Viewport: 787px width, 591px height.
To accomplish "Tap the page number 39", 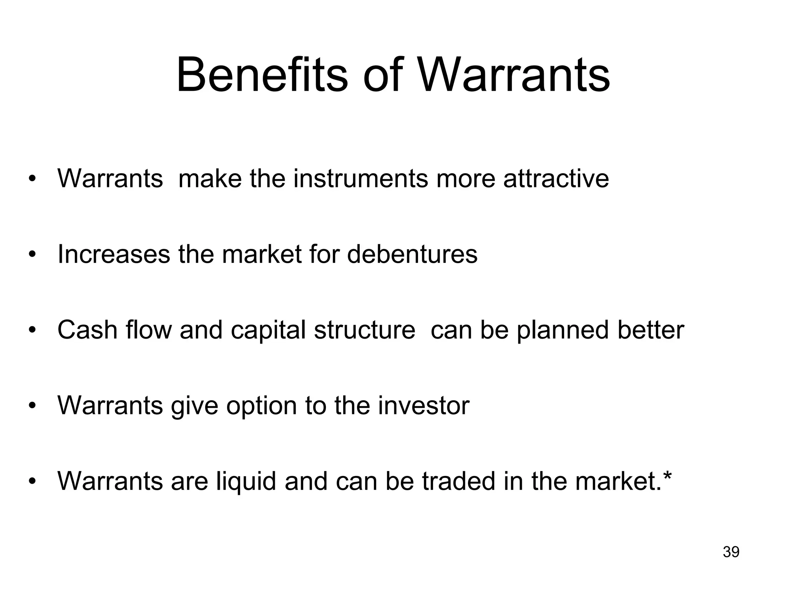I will (731, 552).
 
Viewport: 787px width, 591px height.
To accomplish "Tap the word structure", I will (364, 330).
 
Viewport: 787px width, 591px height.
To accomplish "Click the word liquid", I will (246, 482).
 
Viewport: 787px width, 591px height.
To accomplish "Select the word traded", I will (458, 481).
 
